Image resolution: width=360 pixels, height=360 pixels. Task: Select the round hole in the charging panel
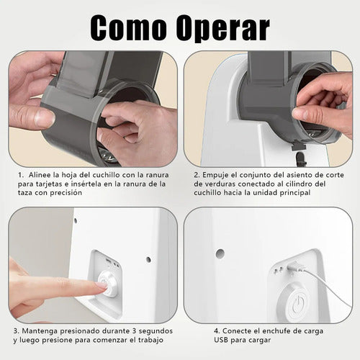219,253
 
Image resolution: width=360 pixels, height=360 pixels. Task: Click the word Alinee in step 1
41,174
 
